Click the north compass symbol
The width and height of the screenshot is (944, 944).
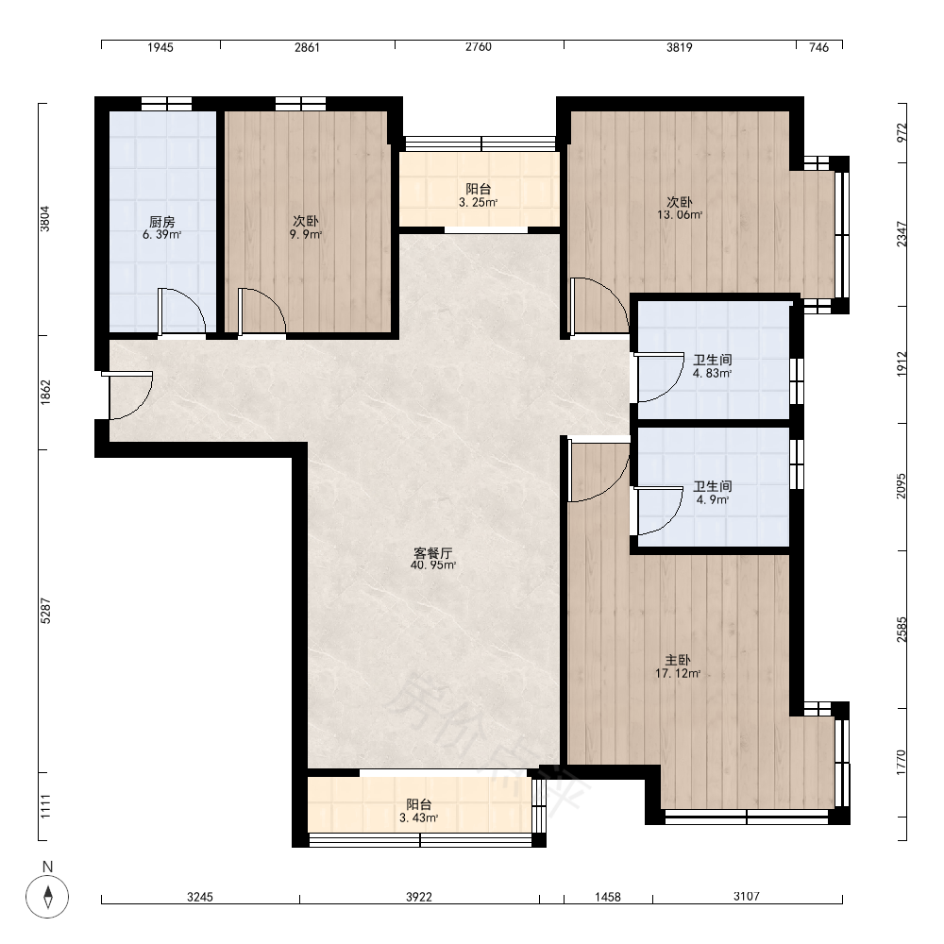47,896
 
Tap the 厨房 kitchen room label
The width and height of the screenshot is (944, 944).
162,222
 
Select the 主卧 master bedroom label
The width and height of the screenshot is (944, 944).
677,661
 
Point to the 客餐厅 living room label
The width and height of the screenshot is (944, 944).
433,552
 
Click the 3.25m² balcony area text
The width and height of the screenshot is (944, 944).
478,203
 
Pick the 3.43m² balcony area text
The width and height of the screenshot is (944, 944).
418,818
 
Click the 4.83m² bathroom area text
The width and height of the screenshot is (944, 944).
712,373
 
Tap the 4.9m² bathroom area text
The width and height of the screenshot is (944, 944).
712,499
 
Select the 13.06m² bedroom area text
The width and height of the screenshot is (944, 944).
679,215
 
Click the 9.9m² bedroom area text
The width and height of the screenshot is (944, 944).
305,235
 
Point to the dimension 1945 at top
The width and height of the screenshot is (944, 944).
160,47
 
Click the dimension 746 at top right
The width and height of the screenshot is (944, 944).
818,47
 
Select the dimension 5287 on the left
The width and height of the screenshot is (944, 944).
45,611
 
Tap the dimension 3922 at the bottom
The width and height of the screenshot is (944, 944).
418,897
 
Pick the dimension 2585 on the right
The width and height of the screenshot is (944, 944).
902,629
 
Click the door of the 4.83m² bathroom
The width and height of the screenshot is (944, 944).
659,378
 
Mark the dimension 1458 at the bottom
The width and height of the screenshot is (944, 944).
607,897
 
